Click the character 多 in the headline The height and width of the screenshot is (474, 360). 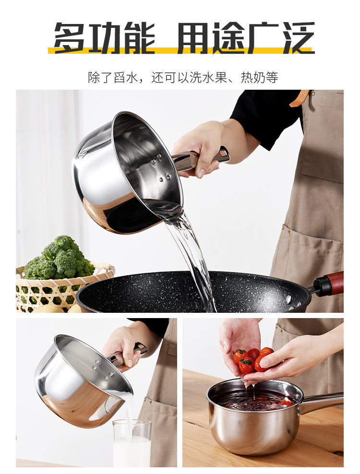coord(70,37)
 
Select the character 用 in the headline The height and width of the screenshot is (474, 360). coord(193,37)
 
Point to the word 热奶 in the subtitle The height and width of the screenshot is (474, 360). coord(253,78)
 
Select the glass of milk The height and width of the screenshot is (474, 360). coord(132,442)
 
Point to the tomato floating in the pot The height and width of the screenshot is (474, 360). coord(286,402)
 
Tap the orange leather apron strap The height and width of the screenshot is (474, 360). coord(300,98)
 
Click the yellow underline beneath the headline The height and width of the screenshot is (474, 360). coord(181,50)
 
